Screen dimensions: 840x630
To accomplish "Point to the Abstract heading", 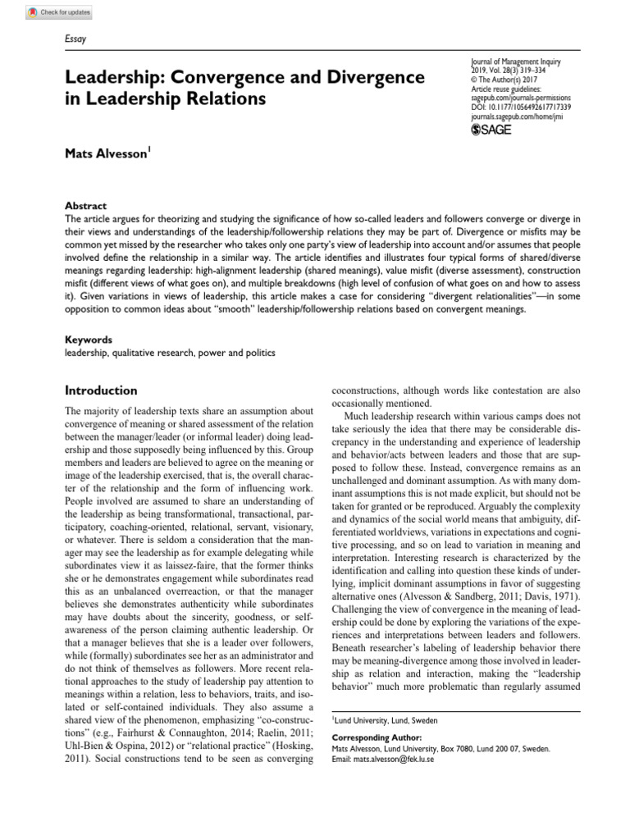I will point(85,206).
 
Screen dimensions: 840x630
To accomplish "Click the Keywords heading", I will point(89,340).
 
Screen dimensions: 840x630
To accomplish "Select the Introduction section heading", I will point(101,390).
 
